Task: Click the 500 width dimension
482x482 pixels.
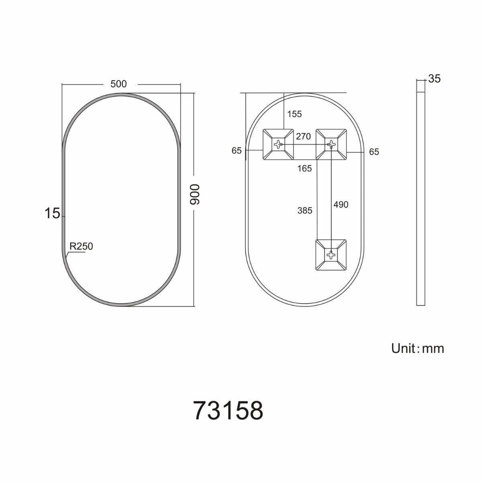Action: pos(118,84)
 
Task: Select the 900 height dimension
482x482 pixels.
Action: pos(194,195)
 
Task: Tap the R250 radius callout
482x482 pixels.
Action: pos(81,246)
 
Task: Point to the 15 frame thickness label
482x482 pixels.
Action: pos(52,214)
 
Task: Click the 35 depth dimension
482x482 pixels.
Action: pos(434,79)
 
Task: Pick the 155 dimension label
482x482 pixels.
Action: pos(294,114)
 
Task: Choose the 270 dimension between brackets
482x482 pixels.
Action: pos(303,137)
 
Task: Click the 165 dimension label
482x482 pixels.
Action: pos(304,169)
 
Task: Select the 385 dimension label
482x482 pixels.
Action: pos(304,210)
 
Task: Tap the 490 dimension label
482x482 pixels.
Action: pos(341,204)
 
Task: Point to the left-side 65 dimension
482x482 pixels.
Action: pos(237,151)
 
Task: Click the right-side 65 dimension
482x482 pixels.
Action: pos(374,152)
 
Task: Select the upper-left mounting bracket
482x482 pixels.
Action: pos(278,144)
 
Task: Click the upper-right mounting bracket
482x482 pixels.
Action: pos(331,144)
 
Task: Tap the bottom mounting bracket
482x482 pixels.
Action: pos(331,255)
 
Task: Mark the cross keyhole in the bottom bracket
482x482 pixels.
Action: pos(331,254)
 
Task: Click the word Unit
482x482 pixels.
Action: pos(404,348)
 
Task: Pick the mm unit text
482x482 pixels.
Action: pos(433,349)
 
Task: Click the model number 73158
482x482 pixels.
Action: pos(228,410)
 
